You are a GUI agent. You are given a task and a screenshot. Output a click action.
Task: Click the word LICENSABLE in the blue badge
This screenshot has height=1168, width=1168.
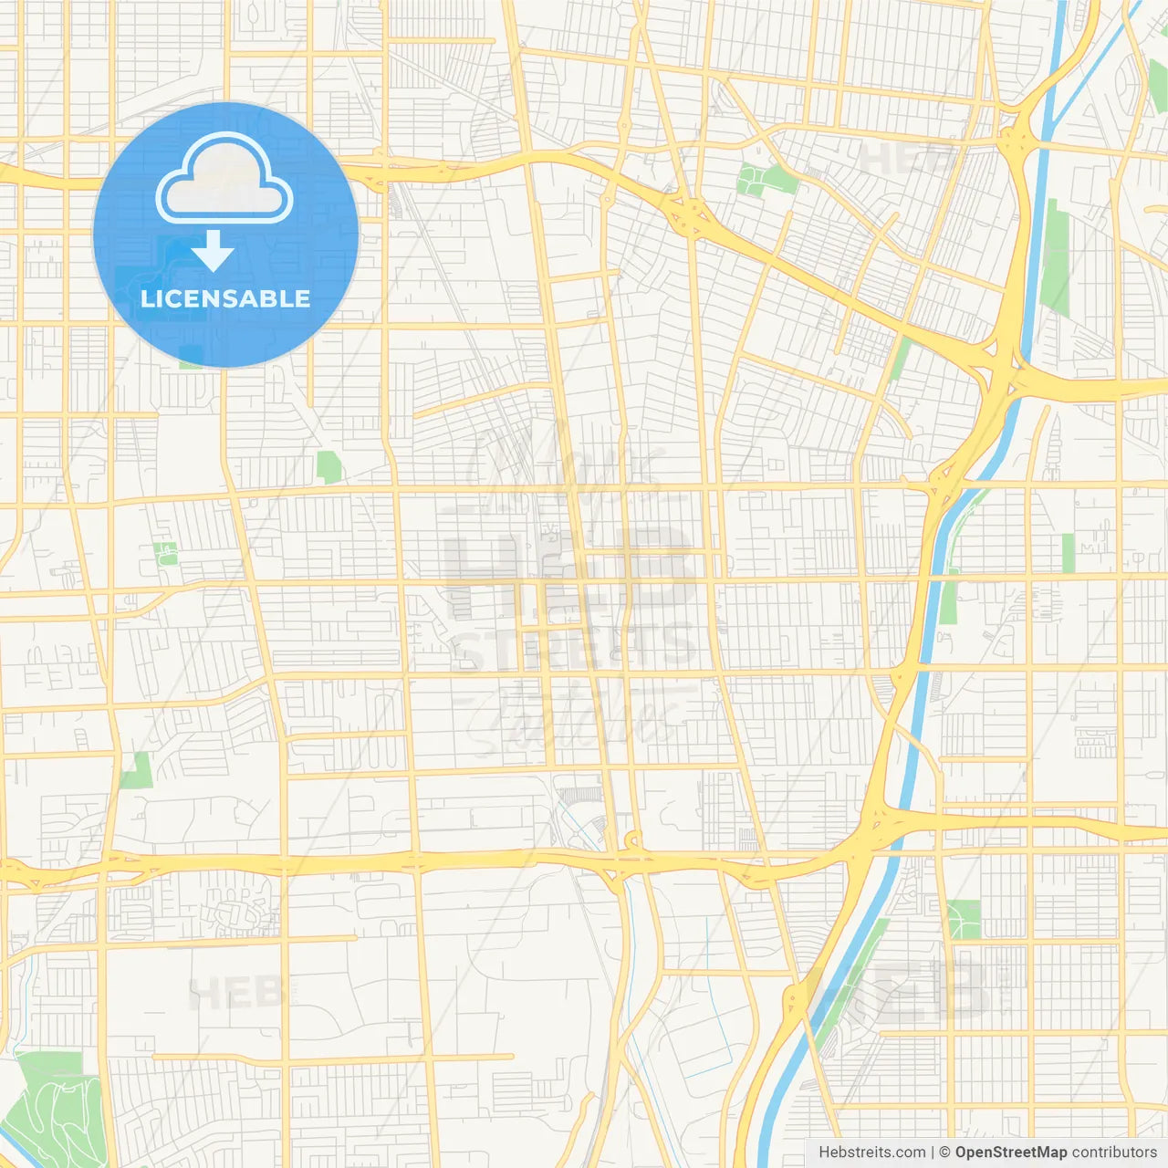[225, 298]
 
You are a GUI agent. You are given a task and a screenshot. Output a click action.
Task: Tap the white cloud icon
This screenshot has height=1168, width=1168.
[224, 179]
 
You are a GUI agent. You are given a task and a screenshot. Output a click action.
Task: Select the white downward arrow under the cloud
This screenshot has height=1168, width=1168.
[213, 251]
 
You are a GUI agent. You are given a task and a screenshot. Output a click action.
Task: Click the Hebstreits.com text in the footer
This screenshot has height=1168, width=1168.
[871, 1152]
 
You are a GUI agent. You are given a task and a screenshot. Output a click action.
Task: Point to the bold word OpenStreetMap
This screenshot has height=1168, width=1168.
[1010, 1152]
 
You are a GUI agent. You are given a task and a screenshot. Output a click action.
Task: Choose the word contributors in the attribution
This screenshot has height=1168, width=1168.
[1114, 1152]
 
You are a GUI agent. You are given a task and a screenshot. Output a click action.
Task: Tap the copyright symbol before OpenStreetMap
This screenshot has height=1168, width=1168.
[945, 1152]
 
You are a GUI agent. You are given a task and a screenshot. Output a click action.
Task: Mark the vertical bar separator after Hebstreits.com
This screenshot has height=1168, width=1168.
[933, 1152]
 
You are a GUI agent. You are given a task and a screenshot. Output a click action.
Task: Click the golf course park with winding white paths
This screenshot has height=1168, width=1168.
[57, 1109]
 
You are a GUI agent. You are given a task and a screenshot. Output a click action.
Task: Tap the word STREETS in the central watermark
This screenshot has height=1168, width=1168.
[575, 645]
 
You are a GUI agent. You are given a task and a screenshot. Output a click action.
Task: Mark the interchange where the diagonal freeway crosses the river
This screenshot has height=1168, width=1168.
[1002, 370]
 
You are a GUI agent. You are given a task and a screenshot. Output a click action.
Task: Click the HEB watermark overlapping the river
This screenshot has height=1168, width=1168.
[899, 990]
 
